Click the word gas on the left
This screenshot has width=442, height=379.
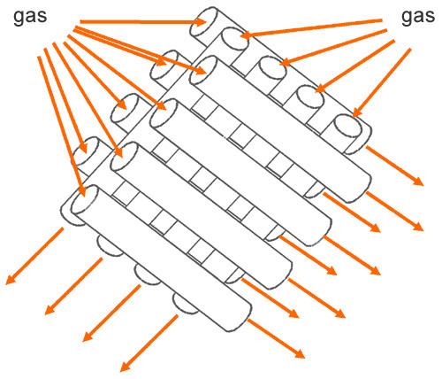pyautogui.click(x=30, y=17)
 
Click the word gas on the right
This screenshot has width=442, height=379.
pyautogui.click(x=418, y=17)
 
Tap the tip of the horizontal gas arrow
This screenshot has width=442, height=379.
pyautogui.click(x=206, y=22)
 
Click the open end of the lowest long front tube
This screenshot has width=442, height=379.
pyautogui.click(x=85, y=199)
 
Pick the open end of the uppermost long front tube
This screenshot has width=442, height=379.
pyautogui.click(x=203, y=70)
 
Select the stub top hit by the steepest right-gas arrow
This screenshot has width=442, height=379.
pyautogui.click(x=348, y=126)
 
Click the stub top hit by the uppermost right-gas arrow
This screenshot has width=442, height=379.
pyautogui.click(x=235, y=38)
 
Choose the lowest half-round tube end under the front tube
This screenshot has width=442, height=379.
pyautogui.click(x=185, y=304)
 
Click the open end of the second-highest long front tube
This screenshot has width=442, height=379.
pyautogui.click(x=164, y=113)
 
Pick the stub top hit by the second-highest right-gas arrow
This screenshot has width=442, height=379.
pyautogui.click(x=273, y=67)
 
